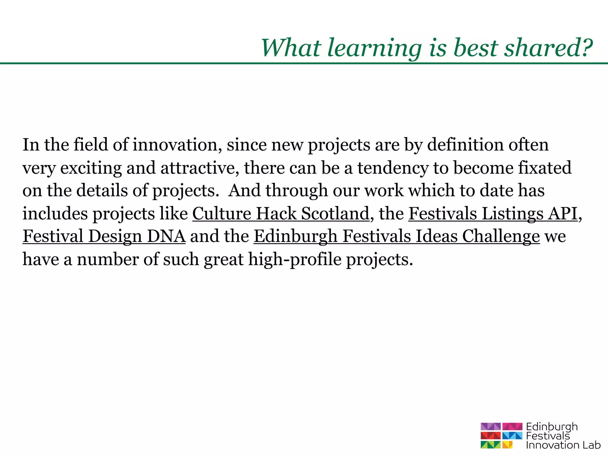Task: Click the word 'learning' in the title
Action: pos(374,48)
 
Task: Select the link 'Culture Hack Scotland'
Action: pos(281,213)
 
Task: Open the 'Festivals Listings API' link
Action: pos(493,213)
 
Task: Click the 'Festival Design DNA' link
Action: pos(104,236)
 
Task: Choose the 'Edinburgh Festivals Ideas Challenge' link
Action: pos(397,236)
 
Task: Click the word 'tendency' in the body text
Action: pos(393,168)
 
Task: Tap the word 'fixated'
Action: pos(545,168)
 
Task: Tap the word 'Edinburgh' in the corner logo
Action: pos(552,427)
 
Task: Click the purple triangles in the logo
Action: pos(490,427)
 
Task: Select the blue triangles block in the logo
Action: pos(512,436)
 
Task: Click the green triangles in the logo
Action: pos(490,445)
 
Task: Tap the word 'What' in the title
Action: pos(291,48)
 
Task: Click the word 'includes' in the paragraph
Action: pos(55,213)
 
